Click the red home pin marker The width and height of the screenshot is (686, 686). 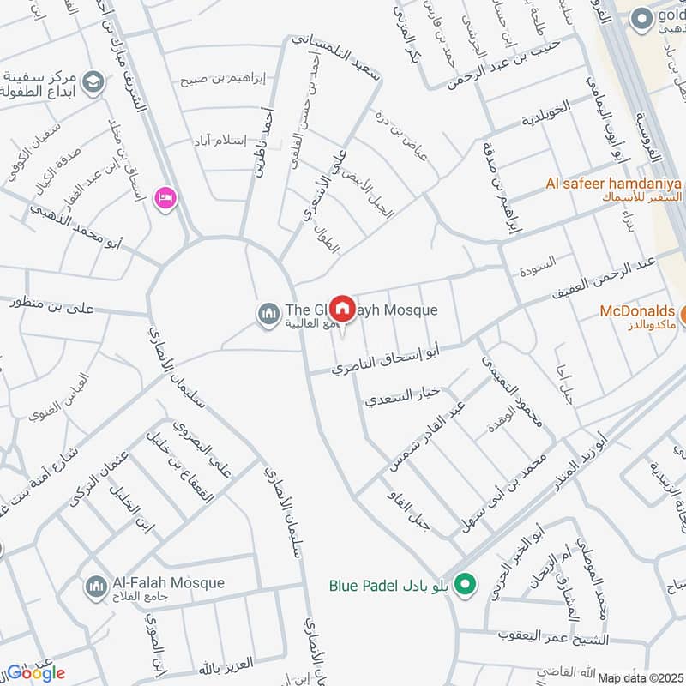pyautogui.click(x=342, y=308)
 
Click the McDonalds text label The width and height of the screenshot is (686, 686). pyautogui.click(x=637, y=310)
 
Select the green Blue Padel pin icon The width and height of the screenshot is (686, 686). pyautogui.click(x=465, y=586)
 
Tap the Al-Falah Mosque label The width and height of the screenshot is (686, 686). pyautogui.click(x=168, y=583)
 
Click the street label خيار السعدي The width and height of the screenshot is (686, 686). pyautogui.click(x=403, y=396)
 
